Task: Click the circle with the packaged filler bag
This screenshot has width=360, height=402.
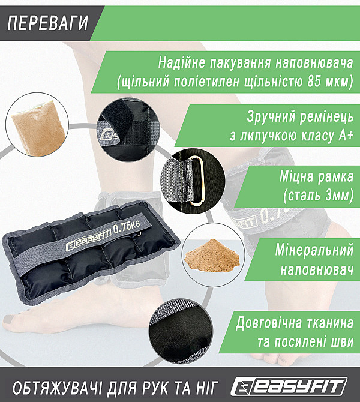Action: [34, 122]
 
